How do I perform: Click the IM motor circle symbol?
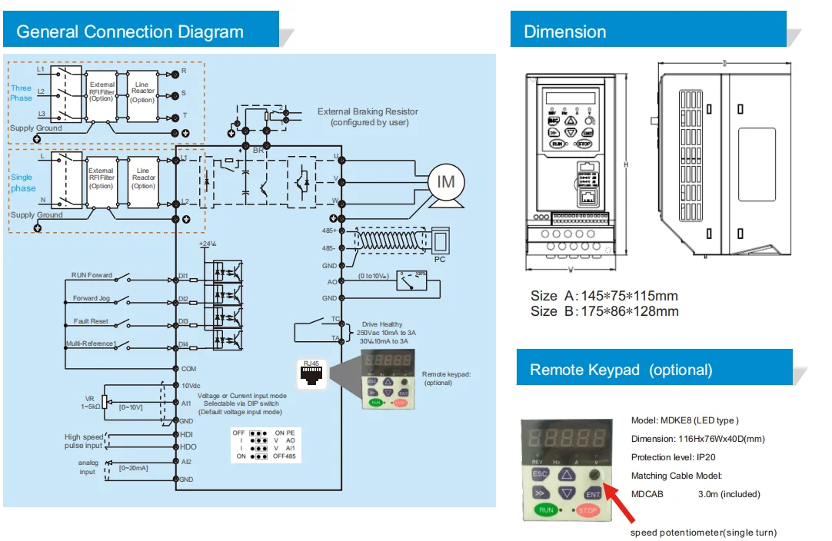pyautogui.click(x=446, y=181)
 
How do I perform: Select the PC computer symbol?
pyautogui.click(x=441, y=241)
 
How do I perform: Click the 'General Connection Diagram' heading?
pyautogui.click(x=130, y=32)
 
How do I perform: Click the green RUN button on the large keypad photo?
pyautogui.click(x=546, y=509)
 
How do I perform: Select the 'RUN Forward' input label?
pyautogui.click(x=92, y=275)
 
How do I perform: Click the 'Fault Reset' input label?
pyautogui.click(x=91, y=321)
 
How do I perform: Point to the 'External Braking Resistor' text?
pyautogui.click(x=368, y=112)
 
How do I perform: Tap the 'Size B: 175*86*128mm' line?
pyautogui.click(x=604, y=311)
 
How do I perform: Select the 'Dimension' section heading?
pyautogui.click(x=564, y=32)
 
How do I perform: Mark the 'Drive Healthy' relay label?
pyautogui.click(x=381, y=324)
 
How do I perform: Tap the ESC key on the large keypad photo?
pyautogui.click(x=540, y=474)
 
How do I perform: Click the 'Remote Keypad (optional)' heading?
pyautogui.click(x=621, y=370)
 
